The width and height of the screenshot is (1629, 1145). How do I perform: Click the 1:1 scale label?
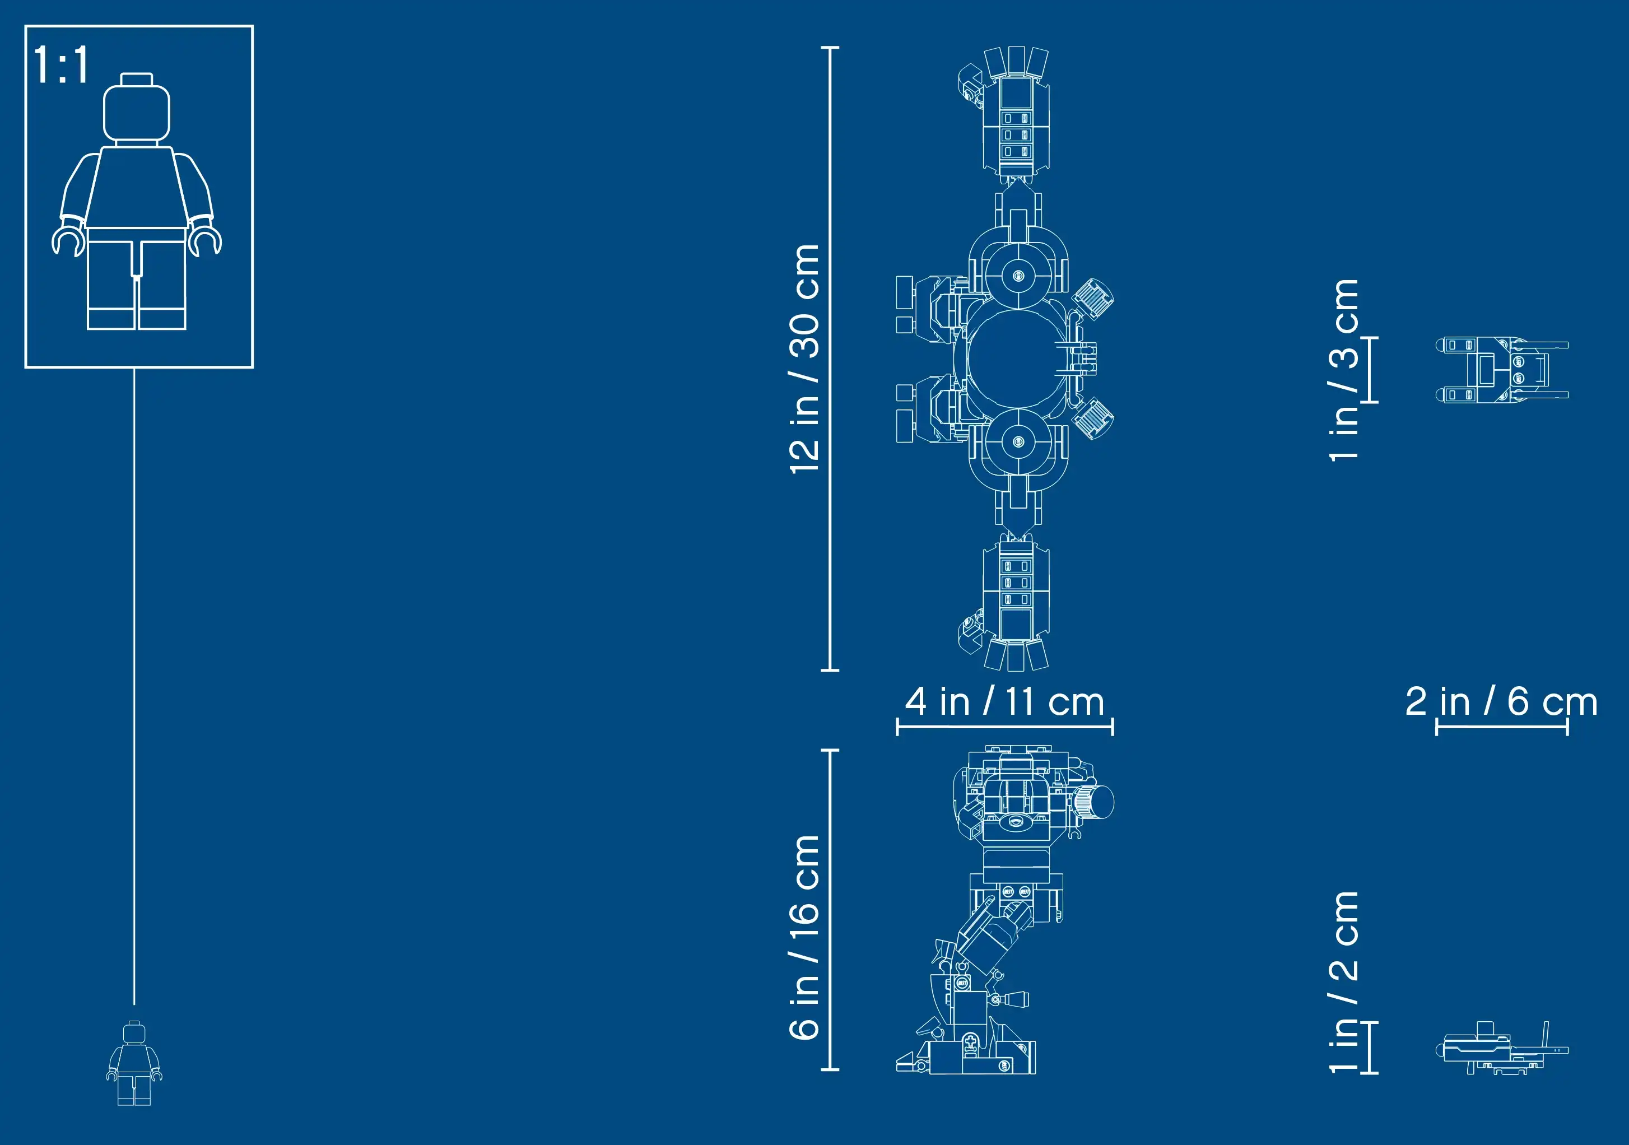click(62, 64)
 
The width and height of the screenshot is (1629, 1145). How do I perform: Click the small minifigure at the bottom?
click(134, 1063)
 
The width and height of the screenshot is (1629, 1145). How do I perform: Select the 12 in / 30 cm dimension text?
click(804, 359)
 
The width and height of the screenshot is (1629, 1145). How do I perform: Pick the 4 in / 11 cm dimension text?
click(1004, 701)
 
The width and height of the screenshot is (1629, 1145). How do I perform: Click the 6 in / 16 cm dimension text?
click(804, 937)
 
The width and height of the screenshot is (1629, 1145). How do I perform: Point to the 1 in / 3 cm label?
click(1344, 370)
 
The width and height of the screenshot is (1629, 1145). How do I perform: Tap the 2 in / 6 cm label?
click(1501, 701)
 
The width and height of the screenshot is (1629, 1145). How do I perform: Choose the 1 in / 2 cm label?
click(1344, 982)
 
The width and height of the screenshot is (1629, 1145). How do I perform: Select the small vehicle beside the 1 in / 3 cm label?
click(1502, 370)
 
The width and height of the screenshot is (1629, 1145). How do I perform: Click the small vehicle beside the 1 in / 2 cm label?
click(1502, 1049)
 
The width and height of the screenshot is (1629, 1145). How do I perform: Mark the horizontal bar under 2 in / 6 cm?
click(1502, 727)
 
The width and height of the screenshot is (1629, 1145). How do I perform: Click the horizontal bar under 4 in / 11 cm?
click(1004, 727)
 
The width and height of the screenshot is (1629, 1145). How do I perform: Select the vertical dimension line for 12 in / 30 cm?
click(830, 359)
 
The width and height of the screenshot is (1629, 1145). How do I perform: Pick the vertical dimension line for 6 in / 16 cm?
click(830, 910)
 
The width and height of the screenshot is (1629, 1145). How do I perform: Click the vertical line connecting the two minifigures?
click(134, 687)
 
